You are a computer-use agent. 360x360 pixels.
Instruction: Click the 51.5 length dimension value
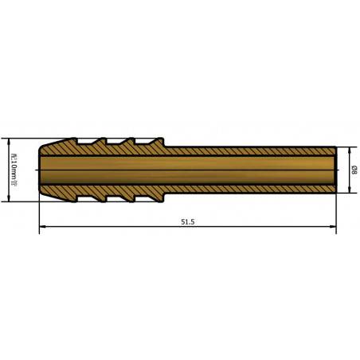188,222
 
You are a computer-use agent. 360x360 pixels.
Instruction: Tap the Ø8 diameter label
354,170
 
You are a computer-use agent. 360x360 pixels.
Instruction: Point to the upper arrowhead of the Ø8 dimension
347,150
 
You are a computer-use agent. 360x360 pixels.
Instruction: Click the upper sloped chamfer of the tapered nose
50,143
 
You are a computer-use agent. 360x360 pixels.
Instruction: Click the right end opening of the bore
334,170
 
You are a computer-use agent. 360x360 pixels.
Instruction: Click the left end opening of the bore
41,170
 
